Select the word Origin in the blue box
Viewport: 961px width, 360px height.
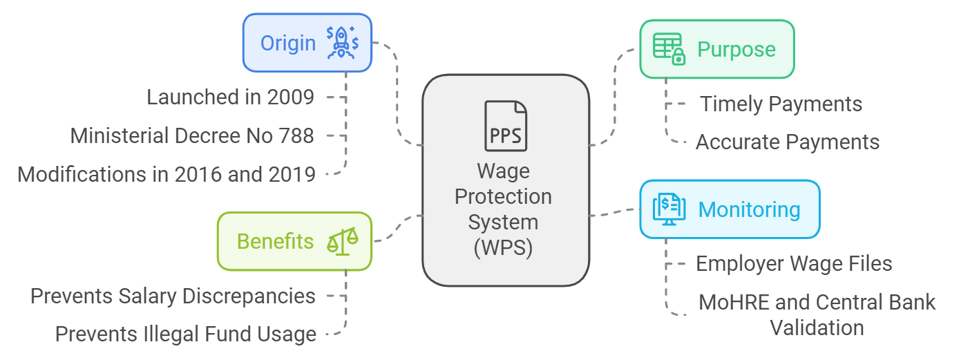coord(287,43)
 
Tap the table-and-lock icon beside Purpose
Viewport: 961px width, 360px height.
coord(668,49)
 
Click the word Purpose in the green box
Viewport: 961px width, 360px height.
coord(736,50)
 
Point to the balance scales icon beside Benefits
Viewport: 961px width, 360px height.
coord(343,241)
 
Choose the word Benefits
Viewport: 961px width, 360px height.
coord(275,241)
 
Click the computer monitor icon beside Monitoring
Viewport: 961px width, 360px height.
coord(669,209)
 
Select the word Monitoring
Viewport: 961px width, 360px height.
coord(750,209)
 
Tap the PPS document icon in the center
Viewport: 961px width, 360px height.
coord(505,126)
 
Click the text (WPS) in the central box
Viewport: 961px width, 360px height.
coord(504,247)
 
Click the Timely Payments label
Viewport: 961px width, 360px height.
coord(781,104)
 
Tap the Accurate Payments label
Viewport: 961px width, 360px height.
coord(787,142)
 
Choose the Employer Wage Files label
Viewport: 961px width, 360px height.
coord(794,264)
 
